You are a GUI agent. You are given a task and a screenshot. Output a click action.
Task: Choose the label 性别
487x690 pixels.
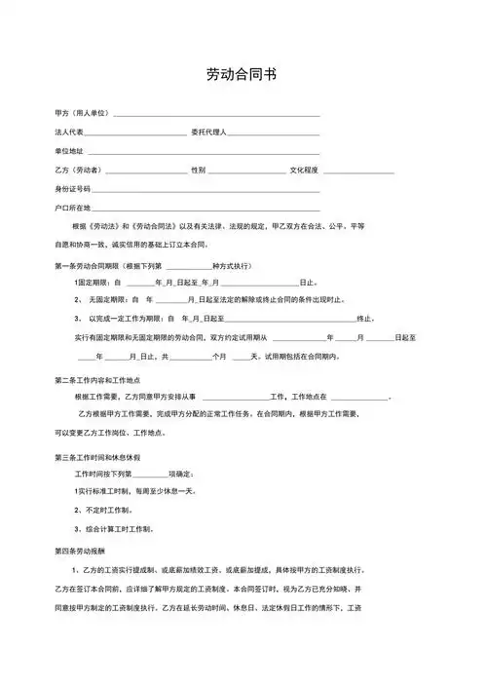pyautogui.click(x=198, y=171)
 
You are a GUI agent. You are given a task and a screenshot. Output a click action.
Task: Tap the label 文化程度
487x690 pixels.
pyautogui.click(x=304, y=171)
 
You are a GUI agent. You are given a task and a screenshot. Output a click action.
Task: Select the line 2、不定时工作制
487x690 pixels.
pyautogui.click(x=102, y=511)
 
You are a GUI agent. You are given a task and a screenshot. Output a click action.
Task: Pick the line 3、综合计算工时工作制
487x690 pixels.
pyautogui.click(x=113, y=529)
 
